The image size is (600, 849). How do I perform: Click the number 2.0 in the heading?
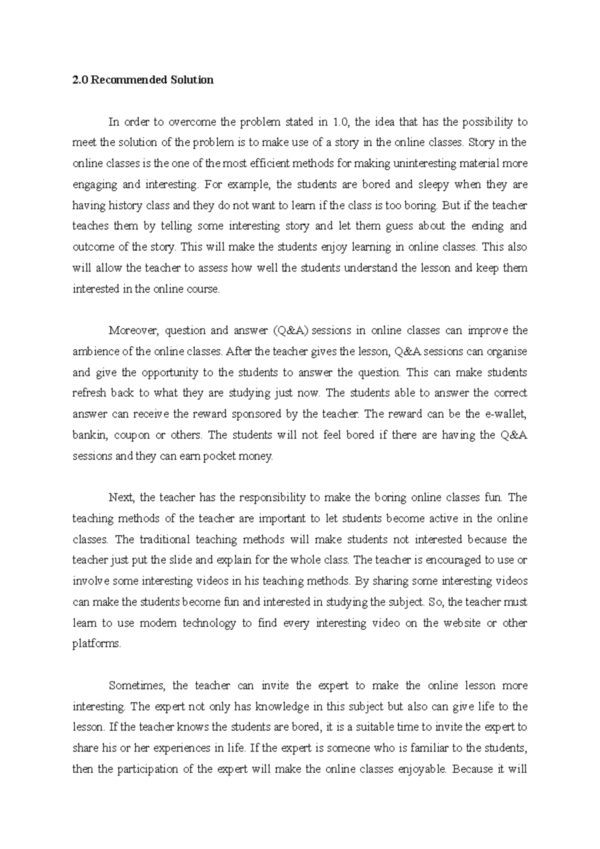(78, 80)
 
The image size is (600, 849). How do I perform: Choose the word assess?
(216, 268)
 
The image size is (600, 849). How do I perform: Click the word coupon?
(132, 435)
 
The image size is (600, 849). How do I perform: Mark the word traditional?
(165, 539)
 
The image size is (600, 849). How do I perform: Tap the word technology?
(209, 623)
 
